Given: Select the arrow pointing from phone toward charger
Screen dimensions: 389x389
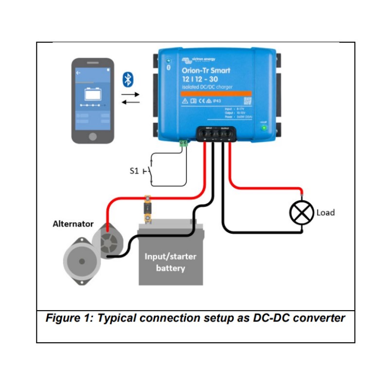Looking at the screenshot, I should [x=130, y=93].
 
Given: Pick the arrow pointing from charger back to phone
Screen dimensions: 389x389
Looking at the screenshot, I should [x=130, y=102].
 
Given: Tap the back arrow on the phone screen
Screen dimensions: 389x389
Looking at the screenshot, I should [x=78, y=72].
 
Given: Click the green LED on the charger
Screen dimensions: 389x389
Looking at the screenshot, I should [x=264, y=128].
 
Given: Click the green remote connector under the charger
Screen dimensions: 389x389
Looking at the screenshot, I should [x=184, y=143].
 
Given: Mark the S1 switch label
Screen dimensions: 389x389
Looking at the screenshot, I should [x=135, y=171].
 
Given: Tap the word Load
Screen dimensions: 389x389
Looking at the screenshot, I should [x=325, y=212].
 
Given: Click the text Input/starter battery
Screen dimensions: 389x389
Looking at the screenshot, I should [x=170, y=262].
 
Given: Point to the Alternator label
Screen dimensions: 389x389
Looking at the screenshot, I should [x=72, y=224].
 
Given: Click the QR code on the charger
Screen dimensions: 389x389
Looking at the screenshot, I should [x=247, y=101].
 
